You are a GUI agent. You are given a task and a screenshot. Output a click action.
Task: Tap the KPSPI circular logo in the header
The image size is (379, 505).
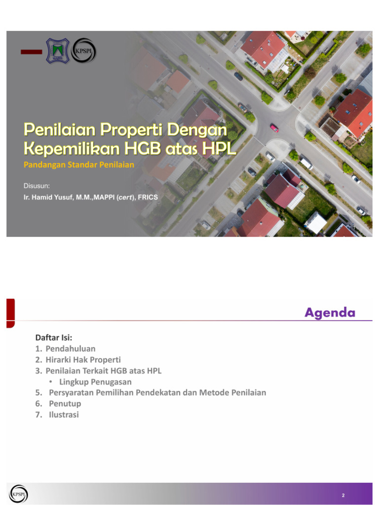click(83, 50)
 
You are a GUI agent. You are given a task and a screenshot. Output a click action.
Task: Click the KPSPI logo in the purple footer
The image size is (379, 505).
click(18, 494)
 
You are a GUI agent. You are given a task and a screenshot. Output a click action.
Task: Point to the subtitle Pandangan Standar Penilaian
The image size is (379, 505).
click(79, 165)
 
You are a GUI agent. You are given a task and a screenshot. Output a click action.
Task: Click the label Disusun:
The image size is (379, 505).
click(37, 185)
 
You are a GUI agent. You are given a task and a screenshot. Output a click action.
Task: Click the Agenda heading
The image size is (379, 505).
click(330, 312)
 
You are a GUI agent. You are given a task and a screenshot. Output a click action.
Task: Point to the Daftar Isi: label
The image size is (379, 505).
click(54, 338)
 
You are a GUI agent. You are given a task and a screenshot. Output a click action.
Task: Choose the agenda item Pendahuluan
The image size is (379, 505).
click(71, 349)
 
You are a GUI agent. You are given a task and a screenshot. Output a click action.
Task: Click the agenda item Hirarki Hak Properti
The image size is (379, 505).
click(83, 360)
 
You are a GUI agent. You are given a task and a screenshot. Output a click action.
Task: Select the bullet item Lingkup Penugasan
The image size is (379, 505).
click(95, 382)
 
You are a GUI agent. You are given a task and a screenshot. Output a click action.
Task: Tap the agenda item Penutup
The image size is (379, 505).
click(65, 403)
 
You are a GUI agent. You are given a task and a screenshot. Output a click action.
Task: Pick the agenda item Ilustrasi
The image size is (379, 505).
click(64, 415)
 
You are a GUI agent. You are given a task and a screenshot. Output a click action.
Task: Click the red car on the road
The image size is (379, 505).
click(274, 128)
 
